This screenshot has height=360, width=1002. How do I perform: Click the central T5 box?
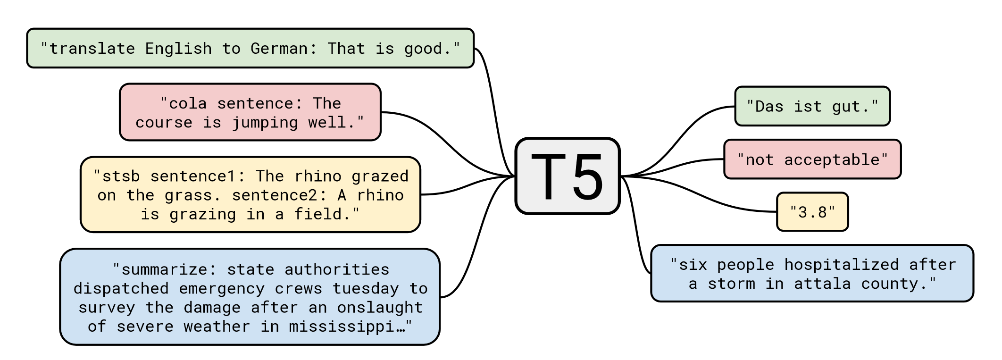tap(567, 176)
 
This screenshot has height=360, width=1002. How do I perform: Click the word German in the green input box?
tap(278, 49)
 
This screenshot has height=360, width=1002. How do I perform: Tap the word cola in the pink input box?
tap(188, 103)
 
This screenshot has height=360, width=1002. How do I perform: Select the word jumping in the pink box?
tap(265, 123)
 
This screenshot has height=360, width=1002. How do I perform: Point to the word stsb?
tap(121, 176)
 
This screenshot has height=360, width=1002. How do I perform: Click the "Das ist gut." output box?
tap(812, 107)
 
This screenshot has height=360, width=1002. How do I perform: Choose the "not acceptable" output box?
tap(812, 159)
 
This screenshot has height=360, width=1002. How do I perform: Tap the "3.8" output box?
tap(812, 212)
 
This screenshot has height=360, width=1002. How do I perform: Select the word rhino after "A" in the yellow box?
tap(380, 195)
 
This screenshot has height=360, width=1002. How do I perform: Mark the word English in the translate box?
tap(178, 49)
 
